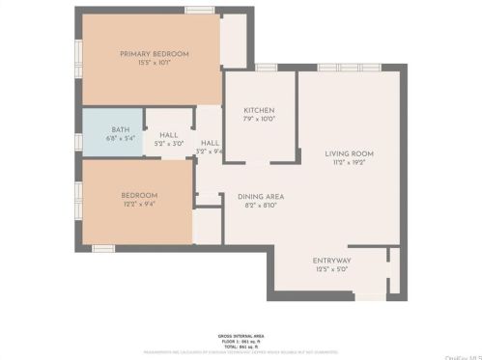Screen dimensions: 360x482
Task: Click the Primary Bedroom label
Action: (x=155, y=54)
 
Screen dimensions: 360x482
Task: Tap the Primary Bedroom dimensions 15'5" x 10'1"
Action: (x=155, y=63)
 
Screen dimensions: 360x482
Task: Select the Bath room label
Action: (x=120, y=129)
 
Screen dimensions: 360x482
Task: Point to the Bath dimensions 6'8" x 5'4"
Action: (x=120, y=138)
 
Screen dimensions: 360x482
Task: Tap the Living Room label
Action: (x=349, y=153)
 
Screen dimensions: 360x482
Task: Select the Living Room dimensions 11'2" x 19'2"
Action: (x=349, y=162)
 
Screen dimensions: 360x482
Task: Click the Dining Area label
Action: (x=261, y=196)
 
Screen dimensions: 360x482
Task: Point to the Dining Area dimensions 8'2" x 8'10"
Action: (x=261, y=205)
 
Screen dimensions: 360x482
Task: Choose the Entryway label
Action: (x=331, y=261)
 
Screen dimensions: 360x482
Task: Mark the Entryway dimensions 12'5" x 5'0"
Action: (x=331, y=269)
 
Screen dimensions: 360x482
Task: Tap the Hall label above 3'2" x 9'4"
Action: (x=210, y=142)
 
